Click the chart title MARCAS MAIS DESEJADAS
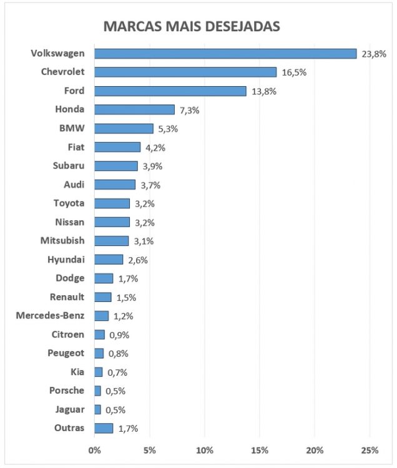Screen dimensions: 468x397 191,27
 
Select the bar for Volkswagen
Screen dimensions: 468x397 225,54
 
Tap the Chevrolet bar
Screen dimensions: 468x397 185,72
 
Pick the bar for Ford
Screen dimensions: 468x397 170,91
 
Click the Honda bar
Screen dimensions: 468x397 135,110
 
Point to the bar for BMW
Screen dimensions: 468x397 124,129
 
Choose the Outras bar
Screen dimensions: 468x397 104,428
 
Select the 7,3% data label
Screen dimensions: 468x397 189,110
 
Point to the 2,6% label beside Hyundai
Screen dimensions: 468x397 137,260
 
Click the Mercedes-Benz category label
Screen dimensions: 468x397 51,316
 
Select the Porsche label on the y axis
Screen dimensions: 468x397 66,391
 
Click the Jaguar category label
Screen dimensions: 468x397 68,409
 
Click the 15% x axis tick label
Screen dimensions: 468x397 260,450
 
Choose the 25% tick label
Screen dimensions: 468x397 370,450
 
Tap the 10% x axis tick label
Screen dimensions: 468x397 205,450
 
